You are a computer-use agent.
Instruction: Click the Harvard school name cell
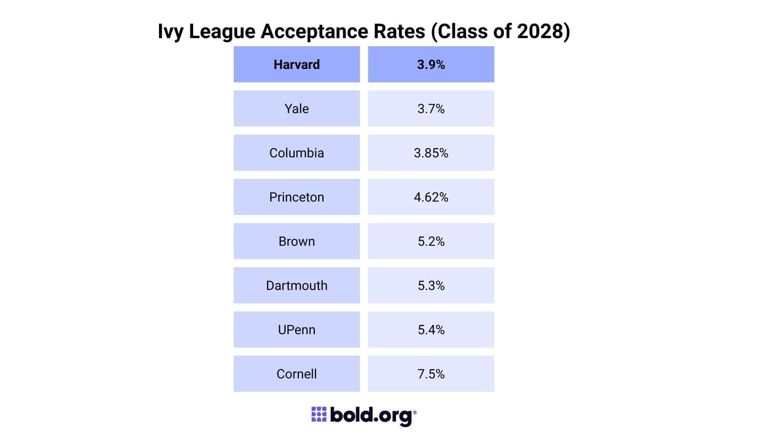click(x=297, y=64)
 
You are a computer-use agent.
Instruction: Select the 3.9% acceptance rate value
click(x=431, y=64)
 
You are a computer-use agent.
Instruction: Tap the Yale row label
click(x=297, y=109)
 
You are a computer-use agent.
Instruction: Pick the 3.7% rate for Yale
click(x=431, y=109)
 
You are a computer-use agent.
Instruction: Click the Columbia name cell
click(x=297, y=153)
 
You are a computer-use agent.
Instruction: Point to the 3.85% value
click(x=431, y=153)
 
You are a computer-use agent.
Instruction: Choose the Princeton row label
click(x=297, y=197)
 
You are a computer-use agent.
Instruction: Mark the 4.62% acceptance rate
click(x=431, y=197)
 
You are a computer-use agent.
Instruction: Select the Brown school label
click(x=297, y=241)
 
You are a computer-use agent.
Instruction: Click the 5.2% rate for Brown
click(x=431, y=241)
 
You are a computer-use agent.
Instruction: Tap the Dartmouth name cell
click(x=297, y=286)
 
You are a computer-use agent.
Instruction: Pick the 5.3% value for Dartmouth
click(x=431, y=286)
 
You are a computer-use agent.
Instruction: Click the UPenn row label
click(x=297, y=330)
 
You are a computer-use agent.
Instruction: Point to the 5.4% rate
click(x=431, y=330)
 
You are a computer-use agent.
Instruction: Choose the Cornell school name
click(x=297, y=374)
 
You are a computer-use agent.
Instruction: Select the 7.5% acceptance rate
click(x=431, y=374)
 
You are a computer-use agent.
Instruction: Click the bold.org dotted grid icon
click(x=318, y=414)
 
